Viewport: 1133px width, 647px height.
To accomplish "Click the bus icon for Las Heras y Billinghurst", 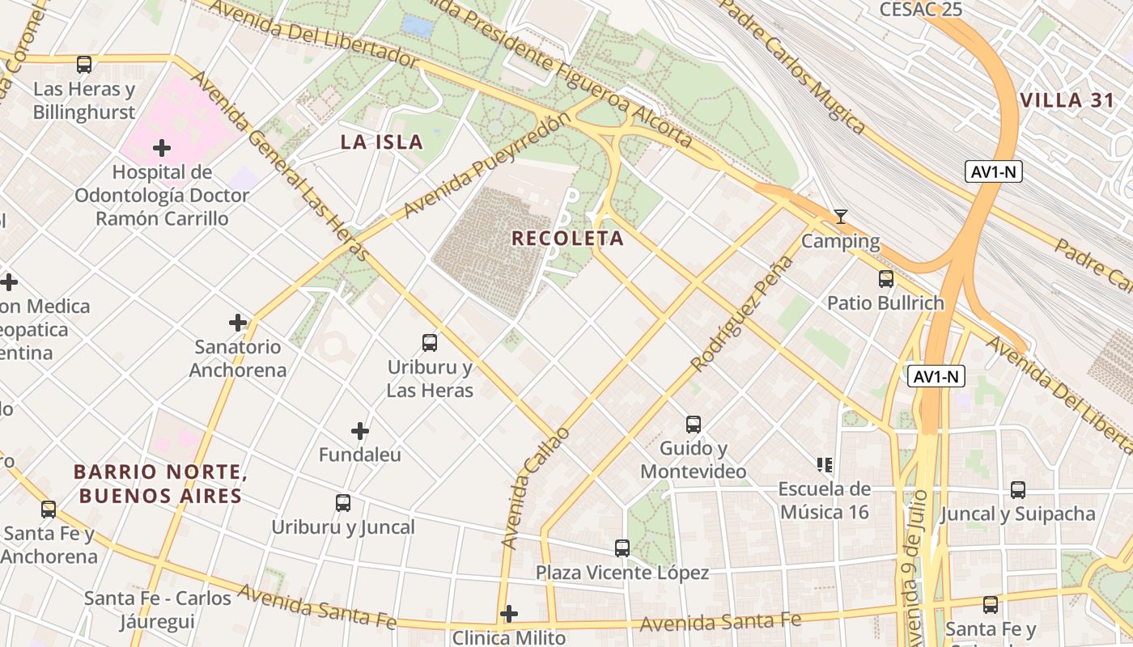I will click(x=84, y=65).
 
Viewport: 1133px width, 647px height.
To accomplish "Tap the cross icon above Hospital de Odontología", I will click(x=162, y=148).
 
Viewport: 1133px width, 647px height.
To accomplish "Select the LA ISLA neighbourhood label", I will click(x=382, y=142).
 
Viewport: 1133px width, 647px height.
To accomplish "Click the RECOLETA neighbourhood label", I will click(x=568, y=239).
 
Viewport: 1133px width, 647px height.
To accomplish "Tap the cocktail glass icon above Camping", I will click(x=841, y=217).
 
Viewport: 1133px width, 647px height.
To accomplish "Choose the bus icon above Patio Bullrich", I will click(x=886, y=279).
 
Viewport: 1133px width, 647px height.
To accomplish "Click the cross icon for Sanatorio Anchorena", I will click(x=238, y=323).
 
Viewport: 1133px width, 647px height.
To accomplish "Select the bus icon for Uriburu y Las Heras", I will click(x=430, y=343).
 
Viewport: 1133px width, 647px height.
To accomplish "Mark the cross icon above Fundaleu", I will click(x=360, y=431).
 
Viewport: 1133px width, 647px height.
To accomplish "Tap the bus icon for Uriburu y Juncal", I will click(x=343, y=503).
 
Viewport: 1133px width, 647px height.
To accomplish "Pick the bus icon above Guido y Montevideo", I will click(x=693, y=425).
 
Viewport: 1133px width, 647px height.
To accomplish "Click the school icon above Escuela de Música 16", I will click(x=825, y=465).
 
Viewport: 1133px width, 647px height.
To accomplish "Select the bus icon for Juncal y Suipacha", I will click(x=1018, y=490).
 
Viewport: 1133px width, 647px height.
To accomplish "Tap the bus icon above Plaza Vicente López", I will click(x=622, y=548).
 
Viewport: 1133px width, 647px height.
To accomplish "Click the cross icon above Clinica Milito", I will click(x=508, y=614).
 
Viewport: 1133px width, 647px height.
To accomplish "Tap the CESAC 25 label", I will click(x=921, y=9).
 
